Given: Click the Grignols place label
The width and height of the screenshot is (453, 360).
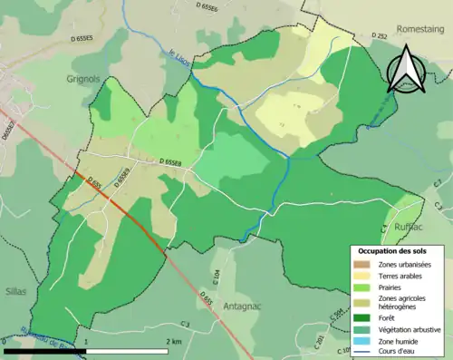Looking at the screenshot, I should click(x=89, y=79).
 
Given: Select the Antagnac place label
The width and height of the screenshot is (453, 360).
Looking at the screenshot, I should click(x=241, y=306).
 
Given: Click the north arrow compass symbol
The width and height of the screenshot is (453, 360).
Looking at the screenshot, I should click(x=402, y=69).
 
